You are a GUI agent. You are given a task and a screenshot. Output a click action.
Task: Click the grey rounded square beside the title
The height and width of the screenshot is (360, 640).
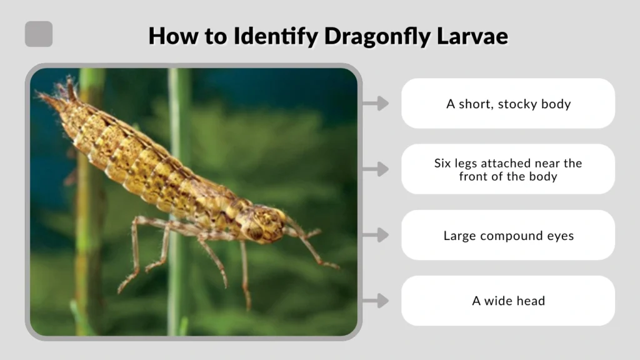[39, 34]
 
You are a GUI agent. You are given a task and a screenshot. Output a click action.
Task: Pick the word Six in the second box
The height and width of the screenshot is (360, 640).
[443, 163]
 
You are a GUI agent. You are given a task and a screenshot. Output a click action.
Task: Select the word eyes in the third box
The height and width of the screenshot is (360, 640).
[560, 236]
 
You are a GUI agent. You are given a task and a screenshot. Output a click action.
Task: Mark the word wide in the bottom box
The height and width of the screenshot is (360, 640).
[497, 301]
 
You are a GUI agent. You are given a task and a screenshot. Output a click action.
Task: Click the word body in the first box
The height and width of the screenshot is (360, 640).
[556, 104]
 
